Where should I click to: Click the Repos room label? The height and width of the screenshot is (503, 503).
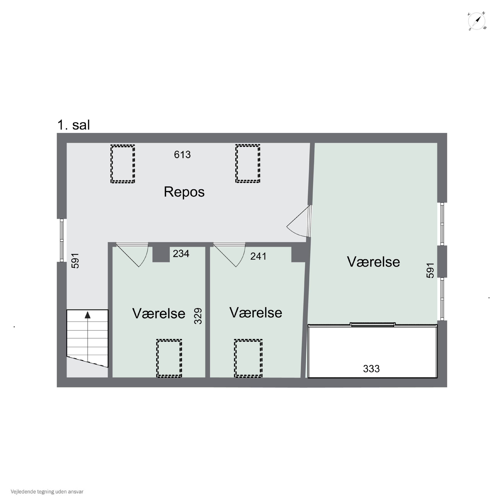pos(184,192)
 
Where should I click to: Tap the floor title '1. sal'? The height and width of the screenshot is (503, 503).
pos(74,125)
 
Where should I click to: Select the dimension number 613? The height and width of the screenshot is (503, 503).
pos(182,155)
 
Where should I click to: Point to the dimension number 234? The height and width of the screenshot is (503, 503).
pos(181,253)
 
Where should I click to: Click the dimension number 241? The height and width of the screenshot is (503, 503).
pos(258,256)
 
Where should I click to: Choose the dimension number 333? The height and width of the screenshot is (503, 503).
pos(371,369)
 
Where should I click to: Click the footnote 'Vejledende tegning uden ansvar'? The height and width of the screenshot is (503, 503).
pos(47,492)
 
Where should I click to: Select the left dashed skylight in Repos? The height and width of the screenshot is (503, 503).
pos(123,164)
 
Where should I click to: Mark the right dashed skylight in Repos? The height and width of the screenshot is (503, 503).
pos(248,164)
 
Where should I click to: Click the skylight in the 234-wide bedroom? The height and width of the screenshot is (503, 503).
pos(169,358)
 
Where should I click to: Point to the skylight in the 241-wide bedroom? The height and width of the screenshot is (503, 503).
pos(248,358)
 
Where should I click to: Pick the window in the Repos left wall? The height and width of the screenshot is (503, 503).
pos(62,240)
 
